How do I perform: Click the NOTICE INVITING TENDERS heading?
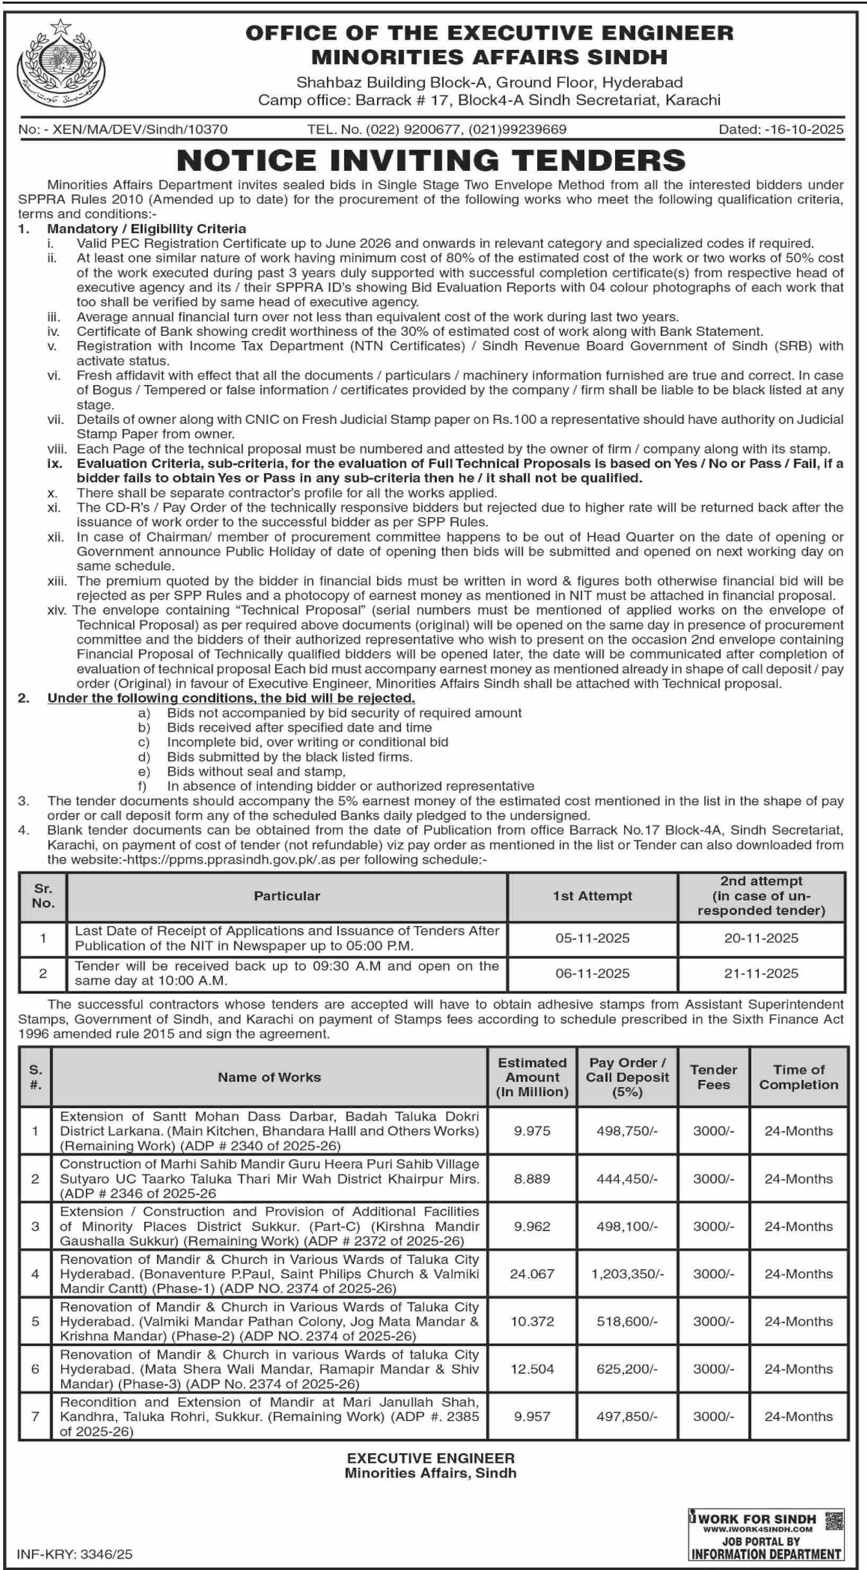(x=431, y=160)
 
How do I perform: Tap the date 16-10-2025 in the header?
(x=781, y=129)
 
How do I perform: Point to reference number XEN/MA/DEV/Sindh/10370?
(x=123, y=129)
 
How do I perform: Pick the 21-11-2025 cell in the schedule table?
(x=761, y=973)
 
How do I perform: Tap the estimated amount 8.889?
(x=532, y=1179)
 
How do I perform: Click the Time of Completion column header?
(x=798, y=1077)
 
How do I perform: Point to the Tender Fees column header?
(x=713, y=1077)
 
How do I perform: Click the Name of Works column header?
(x=269, y=1077)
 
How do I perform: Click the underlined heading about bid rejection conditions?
(x=231, y=698)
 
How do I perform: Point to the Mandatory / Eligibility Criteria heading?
(x=147, y=229)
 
